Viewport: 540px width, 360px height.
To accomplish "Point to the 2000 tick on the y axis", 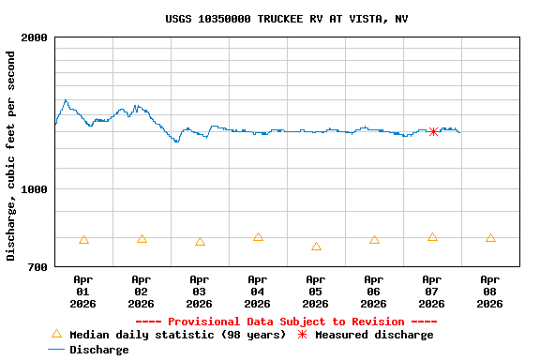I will click(36, 37).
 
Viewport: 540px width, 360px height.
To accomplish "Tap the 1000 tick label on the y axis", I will click(36, 189).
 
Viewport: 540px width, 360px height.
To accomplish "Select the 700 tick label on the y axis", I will click(38, 267).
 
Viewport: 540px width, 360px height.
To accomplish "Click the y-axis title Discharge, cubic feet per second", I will click(11, 156).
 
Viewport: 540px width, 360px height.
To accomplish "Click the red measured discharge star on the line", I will click(433, 131).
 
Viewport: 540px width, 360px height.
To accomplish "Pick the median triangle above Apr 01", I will click(83, 240).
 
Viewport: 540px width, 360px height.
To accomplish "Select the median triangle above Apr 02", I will click(142, 239).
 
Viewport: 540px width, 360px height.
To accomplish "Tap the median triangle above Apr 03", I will click(200, 242).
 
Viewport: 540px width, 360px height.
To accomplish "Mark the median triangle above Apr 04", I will click(258, 237).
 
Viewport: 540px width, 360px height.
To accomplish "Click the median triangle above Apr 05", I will click(316, 247).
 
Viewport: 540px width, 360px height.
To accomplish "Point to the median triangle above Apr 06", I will click(374, 240).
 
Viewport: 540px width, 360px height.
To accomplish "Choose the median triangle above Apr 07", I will click(432, 237).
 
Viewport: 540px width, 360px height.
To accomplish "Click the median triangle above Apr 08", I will click(490, 238).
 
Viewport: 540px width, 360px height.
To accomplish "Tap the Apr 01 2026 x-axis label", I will click(83, 291).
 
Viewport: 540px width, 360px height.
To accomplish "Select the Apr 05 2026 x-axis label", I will click(316, 291).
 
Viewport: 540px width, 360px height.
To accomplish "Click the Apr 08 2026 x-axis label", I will click(490, 291).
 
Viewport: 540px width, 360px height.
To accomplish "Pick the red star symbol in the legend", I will click(302, 335).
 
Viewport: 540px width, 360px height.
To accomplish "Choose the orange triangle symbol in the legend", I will click(56, 334).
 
